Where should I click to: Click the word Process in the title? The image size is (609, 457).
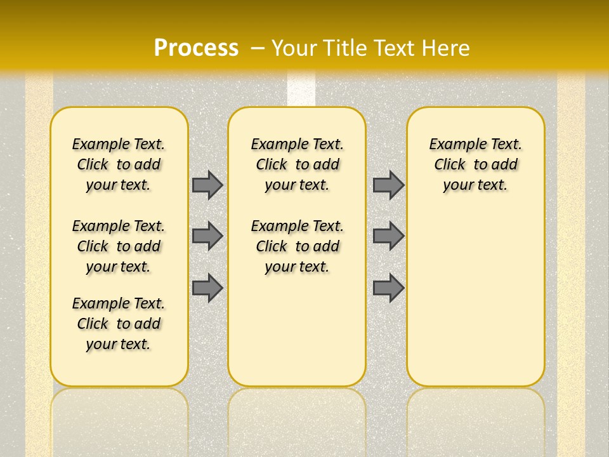pos(196,48)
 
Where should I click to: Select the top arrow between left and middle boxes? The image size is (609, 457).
pos(207,185)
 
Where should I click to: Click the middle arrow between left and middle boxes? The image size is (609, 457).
pos(207,236)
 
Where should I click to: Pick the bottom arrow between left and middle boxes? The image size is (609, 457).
pos(207,288)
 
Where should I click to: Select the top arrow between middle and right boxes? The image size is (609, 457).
pos(388,185)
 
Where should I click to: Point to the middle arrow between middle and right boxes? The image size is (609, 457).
pos(388,236)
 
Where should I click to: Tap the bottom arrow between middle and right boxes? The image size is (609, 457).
pos(388,288)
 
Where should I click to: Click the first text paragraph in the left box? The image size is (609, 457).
pos(119,164)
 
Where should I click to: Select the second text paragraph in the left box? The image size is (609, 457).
pos(119,246)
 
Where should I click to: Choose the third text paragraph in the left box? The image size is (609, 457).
pos(119,324)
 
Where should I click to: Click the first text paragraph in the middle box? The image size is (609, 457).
pos(297,164)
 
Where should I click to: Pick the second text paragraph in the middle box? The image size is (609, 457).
pos(297,246)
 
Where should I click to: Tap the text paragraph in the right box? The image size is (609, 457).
pos(475,164)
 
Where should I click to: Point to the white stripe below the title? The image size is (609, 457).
pos(301,89)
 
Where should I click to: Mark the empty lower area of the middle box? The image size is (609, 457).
pos(297,330)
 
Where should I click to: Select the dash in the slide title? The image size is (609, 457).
pos(259,48)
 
